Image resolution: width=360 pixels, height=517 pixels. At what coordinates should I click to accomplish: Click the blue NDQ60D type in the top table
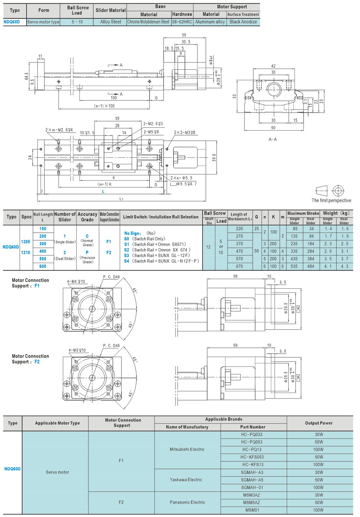(x=11, y=22)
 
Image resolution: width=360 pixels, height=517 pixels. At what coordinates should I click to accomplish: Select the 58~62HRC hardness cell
(x=182, y=22)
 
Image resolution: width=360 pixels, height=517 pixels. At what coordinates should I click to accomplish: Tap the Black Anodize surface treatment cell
(x=243, y=22)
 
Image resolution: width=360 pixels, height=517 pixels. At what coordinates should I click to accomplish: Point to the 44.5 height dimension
(x=27, y=76)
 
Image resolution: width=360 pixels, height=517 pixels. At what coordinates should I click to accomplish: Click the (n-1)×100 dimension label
(x=104, y=106)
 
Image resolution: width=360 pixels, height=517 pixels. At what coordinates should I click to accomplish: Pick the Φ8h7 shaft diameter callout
(x=211, y=60)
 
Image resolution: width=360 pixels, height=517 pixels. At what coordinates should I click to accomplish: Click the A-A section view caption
(x=273, y=139)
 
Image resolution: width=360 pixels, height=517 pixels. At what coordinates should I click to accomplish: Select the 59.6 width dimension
(x=214, y=157)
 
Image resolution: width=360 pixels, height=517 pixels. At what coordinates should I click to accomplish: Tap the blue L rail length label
(x=103, y=191)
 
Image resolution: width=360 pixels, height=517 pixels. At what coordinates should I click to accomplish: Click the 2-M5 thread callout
(x=151, y=132)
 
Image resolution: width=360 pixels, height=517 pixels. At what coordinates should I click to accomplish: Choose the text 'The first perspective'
(x=332, y=200)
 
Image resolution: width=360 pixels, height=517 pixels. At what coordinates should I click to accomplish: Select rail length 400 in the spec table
(x=43, y=251)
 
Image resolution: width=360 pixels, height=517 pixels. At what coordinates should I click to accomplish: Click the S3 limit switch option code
(x=127, y=255)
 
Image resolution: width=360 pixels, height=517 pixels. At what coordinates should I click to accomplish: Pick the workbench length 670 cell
(x=239, y=266)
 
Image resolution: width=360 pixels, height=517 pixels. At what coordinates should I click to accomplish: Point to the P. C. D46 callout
(x=112, y=277)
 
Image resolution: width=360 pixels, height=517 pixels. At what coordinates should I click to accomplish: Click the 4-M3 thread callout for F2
(x=77, y=350)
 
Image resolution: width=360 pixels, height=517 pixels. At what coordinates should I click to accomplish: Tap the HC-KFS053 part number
(x=252, y=457)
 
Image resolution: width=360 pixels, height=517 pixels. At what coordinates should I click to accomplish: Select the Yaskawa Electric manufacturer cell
(x=186, y=480)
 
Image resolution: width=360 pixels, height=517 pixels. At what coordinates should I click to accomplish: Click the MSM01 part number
(x=252, y=510)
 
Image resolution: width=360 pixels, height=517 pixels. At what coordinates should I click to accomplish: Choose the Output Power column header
(x=319, y=423)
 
